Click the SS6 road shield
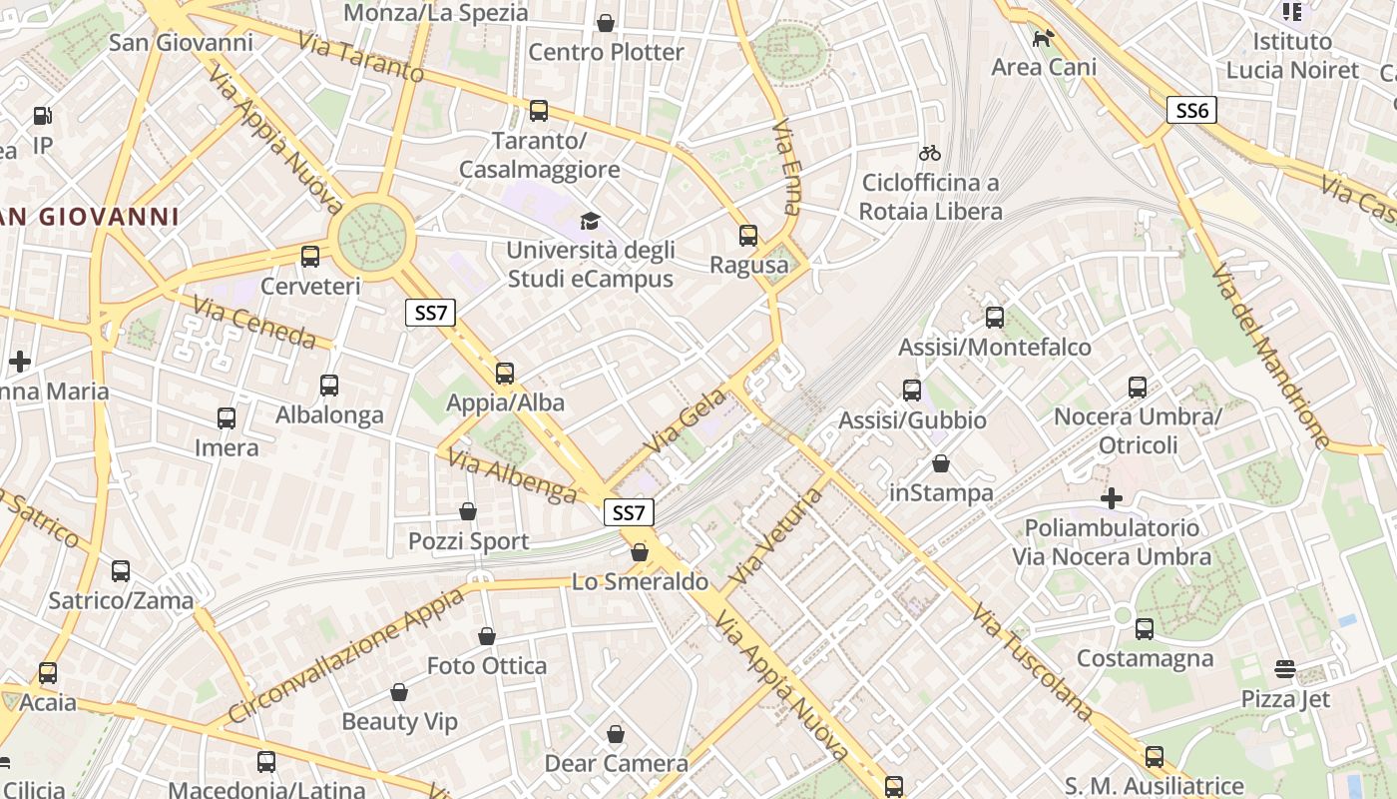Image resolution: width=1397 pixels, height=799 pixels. (1191, 110)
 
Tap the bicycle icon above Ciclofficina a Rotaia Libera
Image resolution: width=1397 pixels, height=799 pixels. (930, 153)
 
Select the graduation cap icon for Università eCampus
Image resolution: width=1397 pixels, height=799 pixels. (591, 220)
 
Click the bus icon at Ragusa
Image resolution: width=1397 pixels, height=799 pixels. (748, 236)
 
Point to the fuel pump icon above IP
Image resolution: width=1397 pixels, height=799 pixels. (42, 116)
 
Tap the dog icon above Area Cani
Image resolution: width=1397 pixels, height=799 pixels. (1044, 38)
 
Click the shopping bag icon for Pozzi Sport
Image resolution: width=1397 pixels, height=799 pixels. (468, 511)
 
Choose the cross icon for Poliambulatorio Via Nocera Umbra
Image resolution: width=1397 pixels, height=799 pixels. (1112, 497)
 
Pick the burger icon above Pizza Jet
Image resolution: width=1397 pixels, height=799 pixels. (1285, 668)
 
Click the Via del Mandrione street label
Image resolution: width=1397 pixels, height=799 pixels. (1271, 356)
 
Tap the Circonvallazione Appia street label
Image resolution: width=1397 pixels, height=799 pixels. (347, 655)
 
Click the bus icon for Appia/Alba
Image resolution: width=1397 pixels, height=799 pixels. (505, 374)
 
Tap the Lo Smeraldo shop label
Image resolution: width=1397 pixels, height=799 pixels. (640, 581)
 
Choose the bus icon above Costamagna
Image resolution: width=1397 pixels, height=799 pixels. (1145, 629)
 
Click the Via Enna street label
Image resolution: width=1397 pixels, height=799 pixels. (787, 168)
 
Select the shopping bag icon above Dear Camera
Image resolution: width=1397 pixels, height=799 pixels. (616, 734)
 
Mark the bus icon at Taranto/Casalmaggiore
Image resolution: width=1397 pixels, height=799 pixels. (539, 111)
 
